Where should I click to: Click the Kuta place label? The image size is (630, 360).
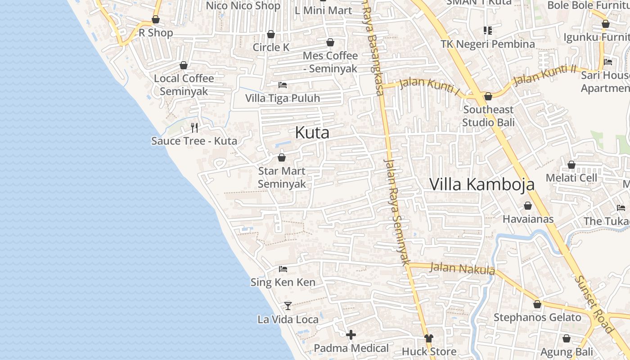pyautogui.click(x=312, y=133)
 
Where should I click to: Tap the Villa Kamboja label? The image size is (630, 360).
pyautogui.click(x=482, y=184)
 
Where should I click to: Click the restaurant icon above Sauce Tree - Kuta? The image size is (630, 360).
pyautogui.click(x=194, y=128)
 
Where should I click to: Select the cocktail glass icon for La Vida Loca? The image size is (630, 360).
pyautogui.click(x=288, y=306)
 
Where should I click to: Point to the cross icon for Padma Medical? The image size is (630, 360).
pyautogui.click(x=351, y=335)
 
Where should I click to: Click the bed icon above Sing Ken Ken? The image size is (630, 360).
pyautogui.click(x=283, y=269)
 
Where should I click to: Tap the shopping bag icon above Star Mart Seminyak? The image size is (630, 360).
pyautogui.click(x=282, y=157)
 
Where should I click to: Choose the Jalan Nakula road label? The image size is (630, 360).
pyautogui.click(x=462, y=269)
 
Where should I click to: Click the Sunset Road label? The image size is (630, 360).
pyautogui.click(x=594, y=304)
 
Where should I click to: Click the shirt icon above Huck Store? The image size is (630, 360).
pyautogui.click(x=429, y=338)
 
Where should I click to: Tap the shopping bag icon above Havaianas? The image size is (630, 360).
pyautogui.click(x=528, y=206)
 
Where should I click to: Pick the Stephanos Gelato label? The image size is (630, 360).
pyautogui.click(x=537, y=318)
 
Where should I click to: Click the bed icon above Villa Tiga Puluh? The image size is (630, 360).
pyautogui.click(x=283, y=85)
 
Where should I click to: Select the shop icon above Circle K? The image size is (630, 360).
pyautogui.click(x=271, y=34)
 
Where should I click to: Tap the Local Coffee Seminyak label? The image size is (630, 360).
pyautogui.click(x=184, y=85)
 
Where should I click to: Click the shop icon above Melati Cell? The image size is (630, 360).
pyautogui.click(x=571, y=165)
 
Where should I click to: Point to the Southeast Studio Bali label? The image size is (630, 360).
pyautogui.click(x=488, y=116)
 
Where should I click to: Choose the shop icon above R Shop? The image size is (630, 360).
pyautogui.click(x=156, y=19)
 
